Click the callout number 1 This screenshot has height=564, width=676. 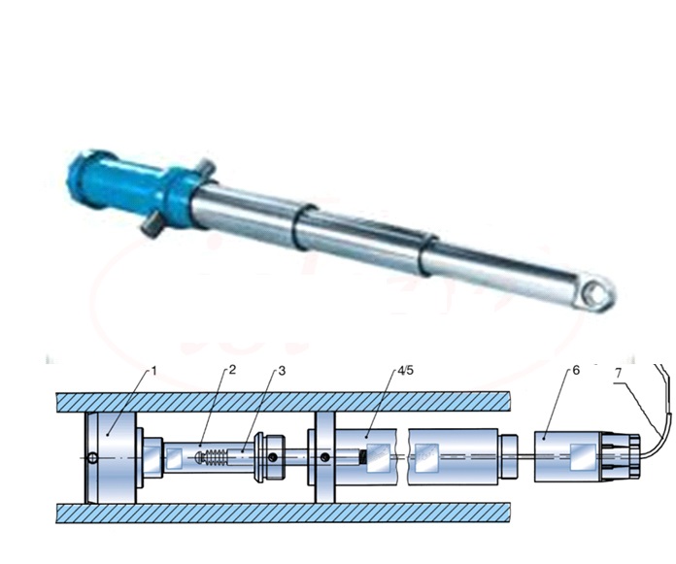click(153, 371)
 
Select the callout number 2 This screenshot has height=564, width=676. click(232, 370)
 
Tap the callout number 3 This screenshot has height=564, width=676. click(282, 371)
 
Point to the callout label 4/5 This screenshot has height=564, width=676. click(405, 371)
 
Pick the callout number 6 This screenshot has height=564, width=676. click(576, 371)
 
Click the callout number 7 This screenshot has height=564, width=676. click(619, 373)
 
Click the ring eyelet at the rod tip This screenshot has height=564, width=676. click(597, 294)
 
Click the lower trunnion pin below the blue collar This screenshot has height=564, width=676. click(151, 226)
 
